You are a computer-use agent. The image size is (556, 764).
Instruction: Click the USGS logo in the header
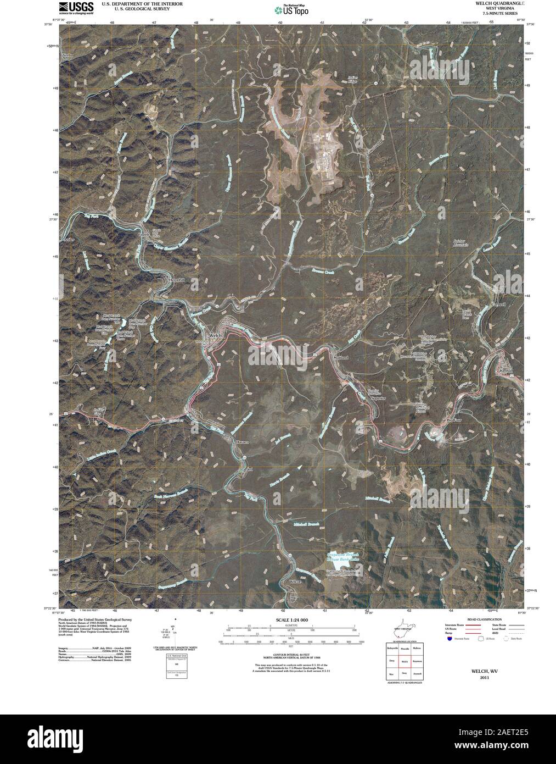coord(70,7)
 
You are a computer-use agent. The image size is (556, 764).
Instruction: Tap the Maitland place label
coord(340,357)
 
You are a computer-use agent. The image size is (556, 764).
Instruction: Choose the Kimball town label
coord(506,371)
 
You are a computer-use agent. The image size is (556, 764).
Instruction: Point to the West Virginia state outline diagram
coord(403,631)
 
